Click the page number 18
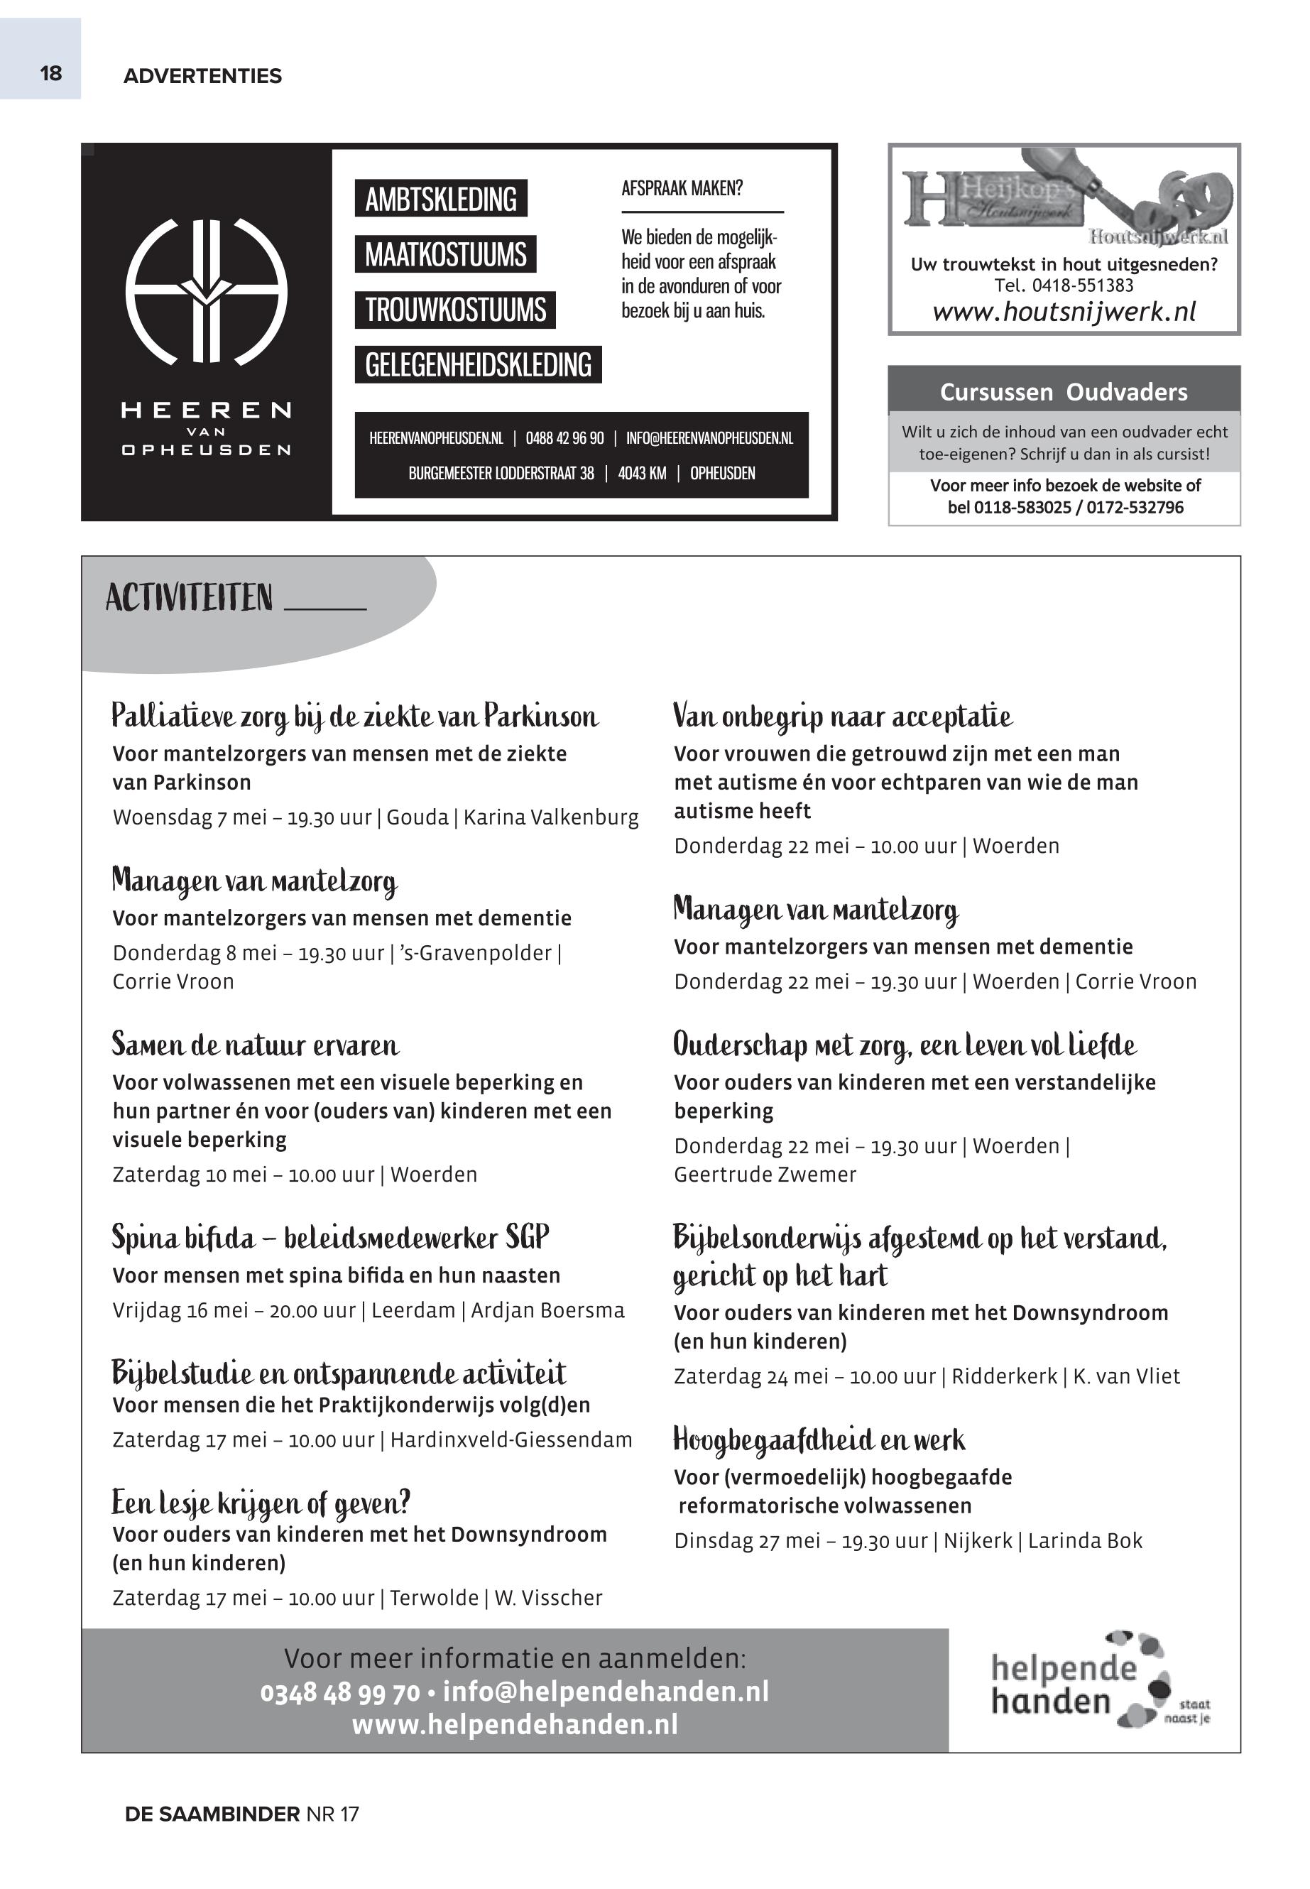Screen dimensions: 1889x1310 [51, 74]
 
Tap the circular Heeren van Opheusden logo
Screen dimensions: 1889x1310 [206, 291]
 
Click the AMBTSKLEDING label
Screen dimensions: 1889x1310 [441, 200]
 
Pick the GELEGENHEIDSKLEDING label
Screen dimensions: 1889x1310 [478, 365]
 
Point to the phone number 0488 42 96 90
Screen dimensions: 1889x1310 [564, 438]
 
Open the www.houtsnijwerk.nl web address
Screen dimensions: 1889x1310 [1064, 312]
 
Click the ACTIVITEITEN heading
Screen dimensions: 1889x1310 [189, 598]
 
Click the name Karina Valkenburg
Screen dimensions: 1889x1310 [551, 817]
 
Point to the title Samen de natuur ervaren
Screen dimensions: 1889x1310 [256, 1045]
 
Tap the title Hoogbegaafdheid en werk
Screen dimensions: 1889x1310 [819, 1440]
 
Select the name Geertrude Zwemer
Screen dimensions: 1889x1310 [765, 1175]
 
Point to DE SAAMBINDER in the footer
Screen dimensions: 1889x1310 [212, 1814]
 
